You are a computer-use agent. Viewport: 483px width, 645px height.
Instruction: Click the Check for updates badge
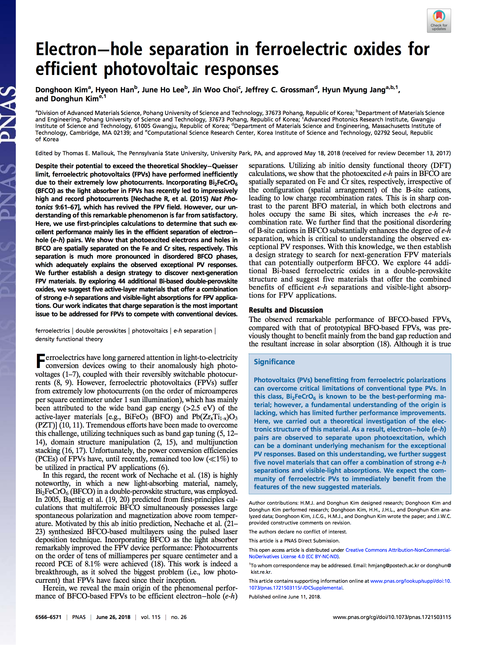click(439, 21)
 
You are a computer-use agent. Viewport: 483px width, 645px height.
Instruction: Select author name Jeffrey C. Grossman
click(279, 90)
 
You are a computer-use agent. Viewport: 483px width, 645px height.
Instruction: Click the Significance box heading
click(274, 362)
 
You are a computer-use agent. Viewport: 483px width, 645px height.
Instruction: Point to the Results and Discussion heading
click(286, 310)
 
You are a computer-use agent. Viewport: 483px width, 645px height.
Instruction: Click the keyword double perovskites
click(101, 331)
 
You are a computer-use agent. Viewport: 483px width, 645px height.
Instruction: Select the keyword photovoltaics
click(150, 331)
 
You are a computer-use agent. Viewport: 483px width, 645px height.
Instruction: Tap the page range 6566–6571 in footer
click(48, 617)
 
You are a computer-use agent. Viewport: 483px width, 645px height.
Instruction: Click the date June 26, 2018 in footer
click(113, 617)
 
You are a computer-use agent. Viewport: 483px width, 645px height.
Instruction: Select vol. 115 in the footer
click(151, 617)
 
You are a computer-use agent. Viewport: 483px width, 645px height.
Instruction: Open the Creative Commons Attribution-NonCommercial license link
click(398, 550)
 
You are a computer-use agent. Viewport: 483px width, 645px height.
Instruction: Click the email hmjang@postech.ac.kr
click(393, 565)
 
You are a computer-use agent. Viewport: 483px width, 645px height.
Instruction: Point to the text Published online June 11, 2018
click(285, 597)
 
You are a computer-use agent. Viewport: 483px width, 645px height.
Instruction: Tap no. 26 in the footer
click(179, 617)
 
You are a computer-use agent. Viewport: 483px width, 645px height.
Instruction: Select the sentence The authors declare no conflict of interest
click(298, 532)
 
